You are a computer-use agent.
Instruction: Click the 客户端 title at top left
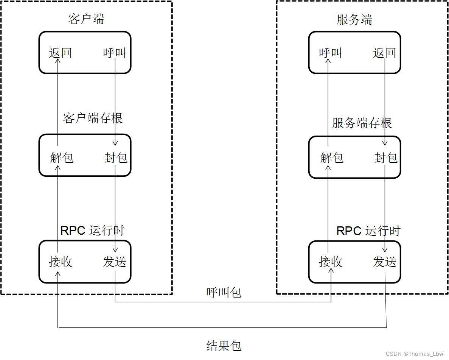[86, 19]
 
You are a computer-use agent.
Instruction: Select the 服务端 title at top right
[354, 20]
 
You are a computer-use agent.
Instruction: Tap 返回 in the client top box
[60, 53]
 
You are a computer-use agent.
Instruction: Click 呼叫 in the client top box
[114, 53]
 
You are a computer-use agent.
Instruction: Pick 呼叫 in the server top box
[330, 53]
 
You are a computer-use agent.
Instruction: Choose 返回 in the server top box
[384, 53]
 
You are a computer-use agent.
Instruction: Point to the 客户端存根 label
[93, 118]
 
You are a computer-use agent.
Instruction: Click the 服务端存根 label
[362, 123]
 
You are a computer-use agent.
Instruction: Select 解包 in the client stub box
[61, 157]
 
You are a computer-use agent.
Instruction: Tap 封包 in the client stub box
[116, 157]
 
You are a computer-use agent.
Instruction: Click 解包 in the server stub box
[332, 157]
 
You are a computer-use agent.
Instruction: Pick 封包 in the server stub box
[386, 157]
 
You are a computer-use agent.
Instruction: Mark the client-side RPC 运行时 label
[92, 230]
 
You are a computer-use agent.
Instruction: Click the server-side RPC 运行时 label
[368, 231]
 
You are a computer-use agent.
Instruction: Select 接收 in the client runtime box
[61, 262]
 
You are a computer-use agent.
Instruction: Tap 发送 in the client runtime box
[115, 262]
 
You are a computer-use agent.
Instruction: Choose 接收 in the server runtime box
[331, 262]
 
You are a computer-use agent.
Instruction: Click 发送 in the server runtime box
[385, 262]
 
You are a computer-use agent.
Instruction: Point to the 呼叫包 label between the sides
[224, 292]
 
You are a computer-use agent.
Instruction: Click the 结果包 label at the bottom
[224, 346]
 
